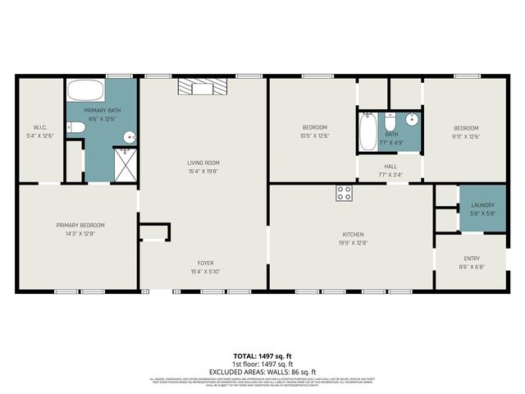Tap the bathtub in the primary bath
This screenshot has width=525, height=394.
click(84, 91)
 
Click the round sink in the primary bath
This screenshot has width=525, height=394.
click(129, 137)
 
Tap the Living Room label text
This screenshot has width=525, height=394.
click(203, 163)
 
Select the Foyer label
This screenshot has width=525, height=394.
click(203, 263)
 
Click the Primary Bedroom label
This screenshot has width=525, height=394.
click(80, 225)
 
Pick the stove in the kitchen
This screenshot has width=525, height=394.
click(344, 194)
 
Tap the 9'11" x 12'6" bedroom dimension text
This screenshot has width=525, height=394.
click(466, 136)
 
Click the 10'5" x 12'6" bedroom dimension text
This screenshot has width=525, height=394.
click(315, 136)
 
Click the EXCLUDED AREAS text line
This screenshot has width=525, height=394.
click(262, 372)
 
